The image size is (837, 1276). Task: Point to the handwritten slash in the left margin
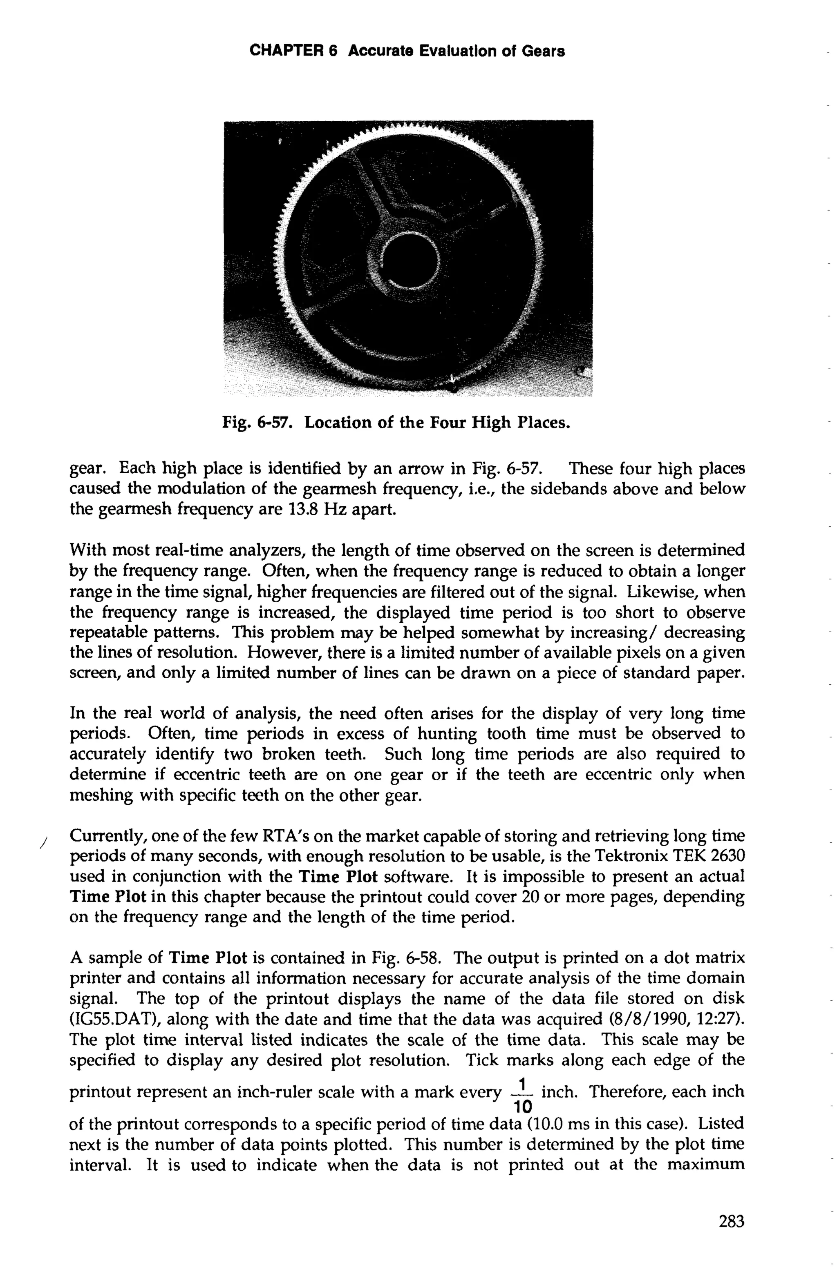[43, 843]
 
